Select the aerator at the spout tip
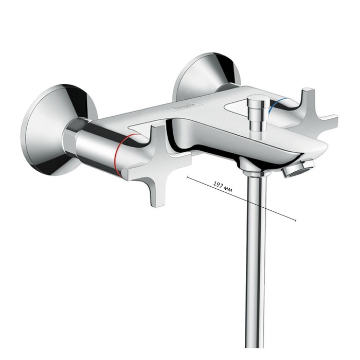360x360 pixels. (299, 169)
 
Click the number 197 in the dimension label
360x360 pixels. (218, 186)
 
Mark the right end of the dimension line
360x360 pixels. (296, 221)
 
